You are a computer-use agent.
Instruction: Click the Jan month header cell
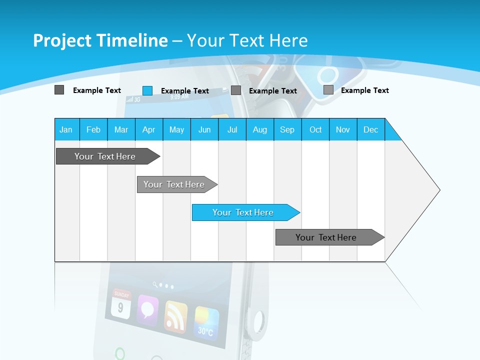(66, 129)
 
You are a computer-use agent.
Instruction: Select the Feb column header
(93, 129)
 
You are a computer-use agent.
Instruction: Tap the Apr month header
(148, 129)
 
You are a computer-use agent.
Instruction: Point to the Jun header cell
(204, 129)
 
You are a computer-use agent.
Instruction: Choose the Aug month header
(259, 129)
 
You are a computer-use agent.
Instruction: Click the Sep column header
(287, 129)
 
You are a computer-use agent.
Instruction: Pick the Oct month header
(315, 129)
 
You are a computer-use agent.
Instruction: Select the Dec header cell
(370, 129)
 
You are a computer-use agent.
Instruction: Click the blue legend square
(147, 90)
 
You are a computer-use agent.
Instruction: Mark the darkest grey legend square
(59, 90)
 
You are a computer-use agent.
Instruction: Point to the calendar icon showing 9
(120, 304)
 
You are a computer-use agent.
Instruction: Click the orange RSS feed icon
(175, 316)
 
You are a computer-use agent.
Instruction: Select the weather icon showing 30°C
(206, 322)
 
